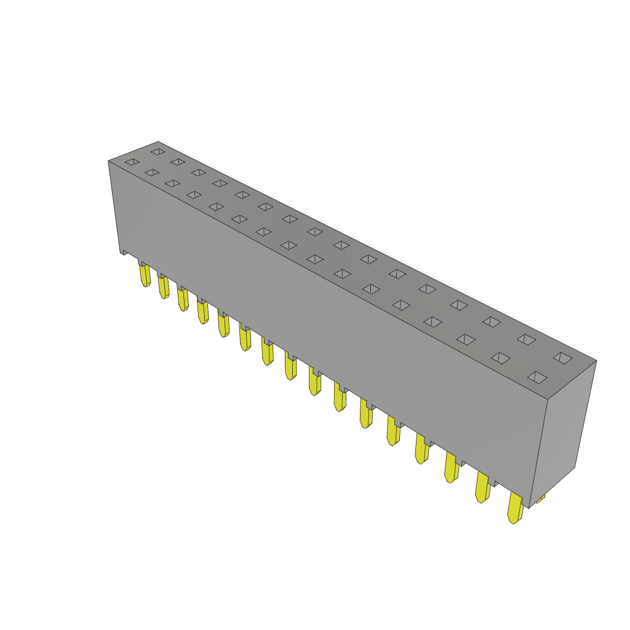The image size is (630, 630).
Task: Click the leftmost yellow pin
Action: [x=145, y=276]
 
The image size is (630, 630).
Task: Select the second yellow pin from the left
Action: [x=164, y=287]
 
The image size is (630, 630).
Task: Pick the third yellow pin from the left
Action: [x=183, y=300]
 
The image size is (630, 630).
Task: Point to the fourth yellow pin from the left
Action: [x=202, y=312]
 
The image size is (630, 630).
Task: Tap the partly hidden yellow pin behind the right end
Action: [x=540, y=498]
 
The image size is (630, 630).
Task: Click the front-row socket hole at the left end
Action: [x=132, y=162]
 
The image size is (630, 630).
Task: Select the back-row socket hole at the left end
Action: [x=158, y=151]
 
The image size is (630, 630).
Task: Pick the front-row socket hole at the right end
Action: [x=537, y=377]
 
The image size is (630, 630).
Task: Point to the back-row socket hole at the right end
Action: [x=562, y=358]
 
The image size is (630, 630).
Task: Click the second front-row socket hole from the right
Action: [x=501, y=358]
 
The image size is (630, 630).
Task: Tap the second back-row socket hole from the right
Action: [x=526, y=339]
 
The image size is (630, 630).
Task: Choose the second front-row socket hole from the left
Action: [x=152, y=172]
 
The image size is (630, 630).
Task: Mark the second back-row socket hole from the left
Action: [x=178, y=162]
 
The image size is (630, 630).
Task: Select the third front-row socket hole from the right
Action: [x=466, y=339]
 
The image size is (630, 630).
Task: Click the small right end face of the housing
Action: [x=563, y=431]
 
